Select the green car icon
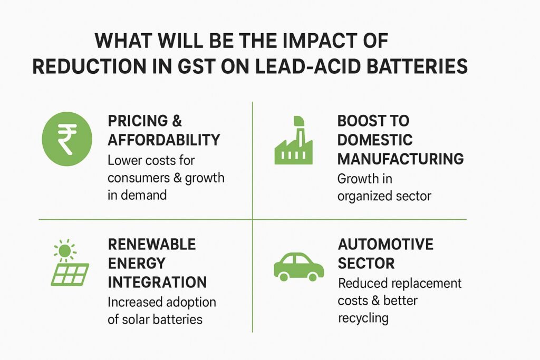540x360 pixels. click(298, 266)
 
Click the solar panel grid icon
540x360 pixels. click(70, 274)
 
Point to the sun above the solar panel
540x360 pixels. click(64, 251)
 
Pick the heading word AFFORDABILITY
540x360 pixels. click(163, 140)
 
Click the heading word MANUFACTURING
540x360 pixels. click(400, 158)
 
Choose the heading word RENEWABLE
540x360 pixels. click(152, 244)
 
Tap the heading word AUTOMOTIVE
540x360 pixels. click(385, 245)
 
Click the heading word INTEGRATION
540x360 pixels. click(157, 281)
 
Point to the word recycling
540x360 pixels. click(363, 318)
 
